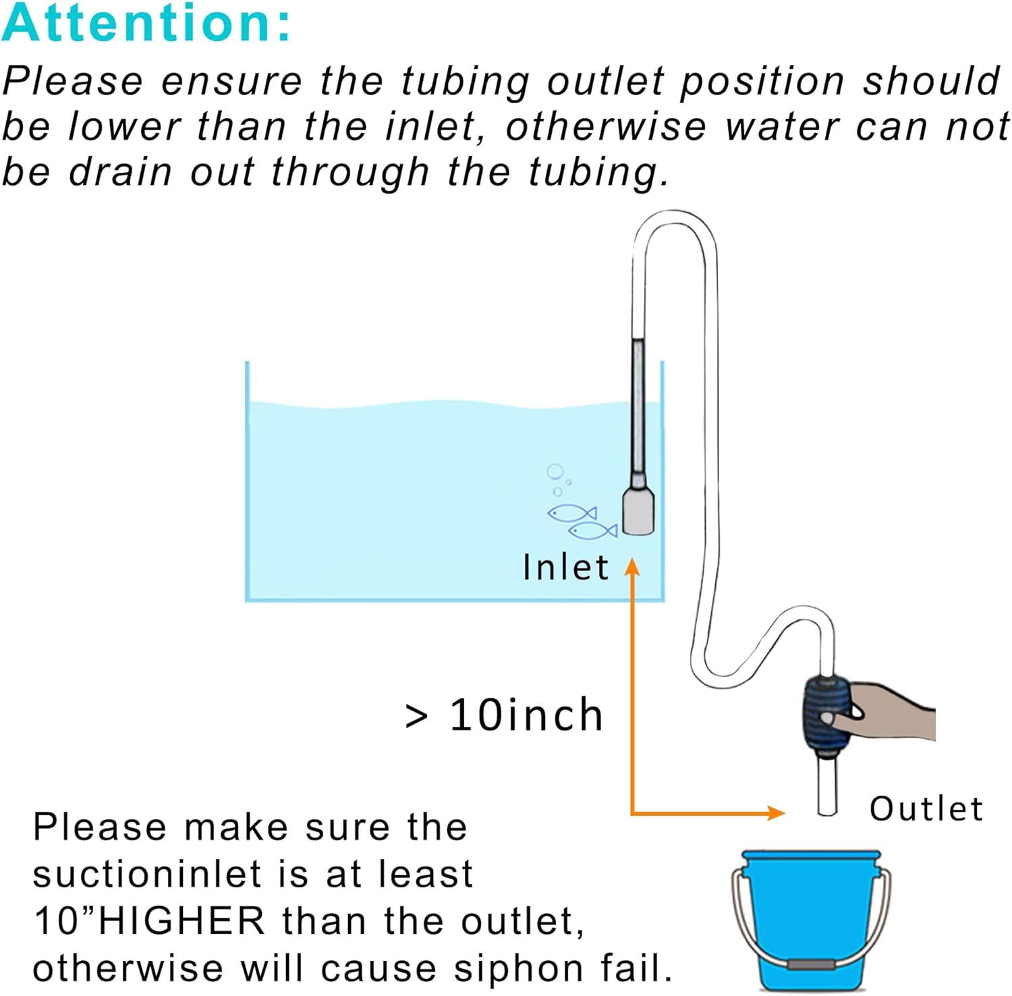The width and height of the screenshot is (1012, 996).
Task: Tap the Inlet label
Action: [565, 567]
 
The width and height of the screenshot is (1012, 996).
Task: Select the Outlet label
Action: [926, 808]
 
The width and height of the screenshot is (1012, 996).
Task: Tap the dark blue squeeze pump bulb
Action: [824, 715]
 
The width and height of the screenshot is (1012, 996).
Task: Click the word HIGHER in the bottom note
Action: [182, 921]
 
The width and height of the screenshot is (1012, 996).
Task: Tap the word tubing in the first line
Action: [466, 82]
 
